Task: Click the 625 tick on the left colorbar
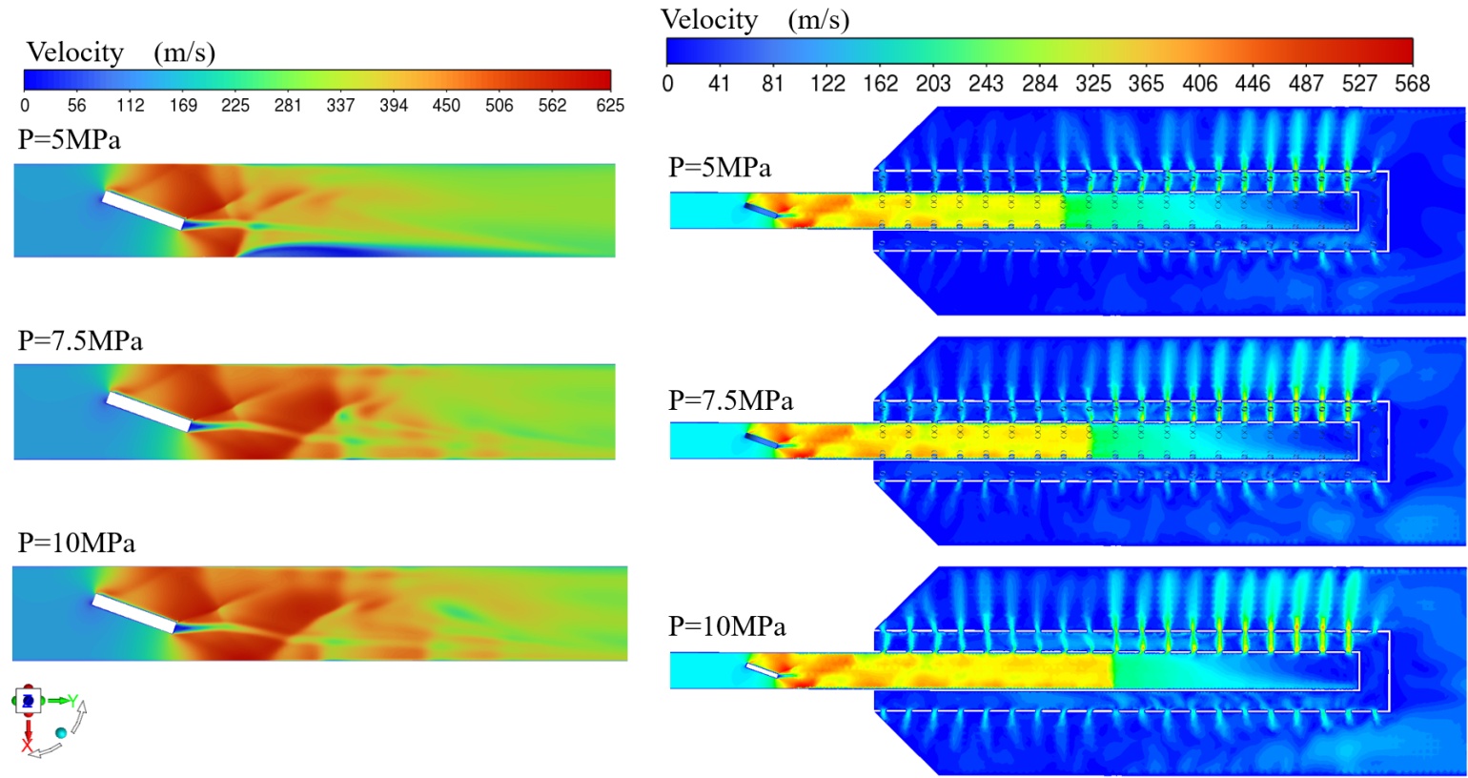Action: pyautogui.click(x=610, y=105)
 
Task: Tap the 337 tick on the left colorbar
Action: pyautogui.click(x=340, y=105)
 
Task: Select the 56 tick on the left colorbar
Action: pyautogui.click(x=76, y=105)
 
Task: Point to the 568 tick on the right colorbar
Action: pyautogui.click(x=1412, y=83)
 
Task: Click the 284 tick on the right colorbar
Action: pyautogui.click(x=1039, y=83)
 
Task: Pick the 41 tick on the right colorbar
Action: pyautogui.click(x=719, y=83)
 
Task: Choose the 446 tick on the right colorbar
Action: pyautogui.click(x=1253, y=83)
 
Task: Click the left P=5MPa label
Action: pyautogui.click(x=70, y=140)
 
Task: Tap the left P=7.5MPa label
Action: pyautogui.click(x=80, y=340)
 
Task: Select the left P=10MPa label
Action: pyautogui.click(x=76, y=543)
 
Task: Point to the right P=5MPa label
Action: pyautogui.click(x=720, y=167)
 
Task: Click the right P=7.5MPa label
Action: pyautogui.click(x=730, y=400)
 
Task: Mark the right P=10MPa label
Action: pyautogui.click(x=727, y=626)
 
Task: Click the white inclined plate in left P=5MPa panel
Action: pyautogui.click(x=143, y=210)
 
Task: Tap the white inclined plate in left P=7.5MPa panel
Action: pyautogui.click(x=148, y=411)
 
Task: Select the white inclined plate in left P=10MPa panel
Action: pyautogui.click(x=134, y=613)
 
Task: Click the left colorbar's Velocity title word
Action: pyautogui.click(x=75, y=52)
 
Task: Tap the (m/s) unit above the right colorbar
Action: pyautogui.click(x=818, y=20)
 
